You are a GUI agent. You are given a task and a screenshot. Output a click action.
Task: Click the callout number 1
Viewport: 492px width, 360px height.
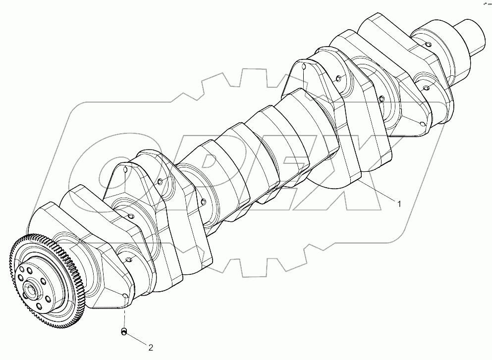[x=397, y=202]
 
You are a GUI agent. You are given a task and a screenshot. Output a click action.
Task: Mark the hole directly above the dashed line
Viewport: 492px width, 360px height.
[x=125, y=297]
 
